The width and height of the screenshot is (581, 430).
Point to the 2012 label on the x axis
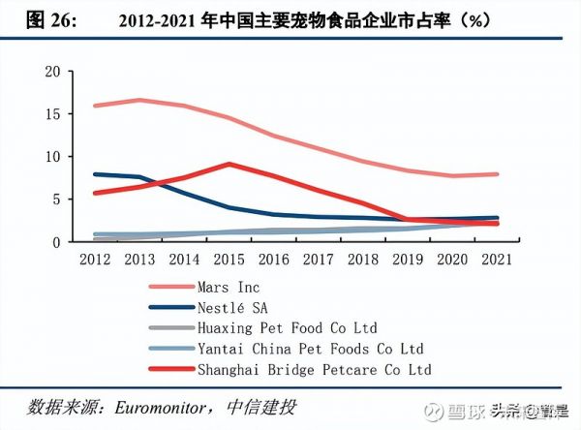tap(95, 261)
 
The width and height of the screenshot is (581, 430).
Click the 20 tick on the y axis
tap(52, 72)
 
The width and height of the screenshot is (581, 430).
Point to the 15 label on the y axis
tap(52, 114)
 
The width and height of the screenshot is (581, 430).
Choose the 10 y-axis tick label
tap(52, 157)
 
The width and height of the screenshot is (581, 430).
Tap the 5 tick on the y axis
tap(56, 200)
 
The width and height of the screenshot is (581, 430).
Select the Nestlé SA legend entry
tap(233, 307)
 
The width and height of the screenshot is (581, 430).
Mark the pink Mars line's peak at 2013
tap(138, 100)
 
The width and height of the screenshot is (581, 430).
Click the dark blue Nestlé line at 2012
tap(95, 174)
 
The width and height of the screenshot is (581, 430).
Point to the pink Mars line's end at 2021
tap(498, 174)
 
